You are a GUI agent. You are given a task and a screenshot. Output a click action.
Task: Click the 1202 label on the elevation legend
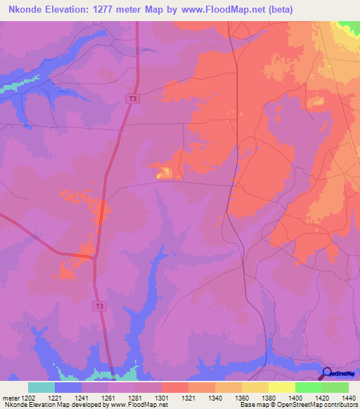click(x=27, y=397)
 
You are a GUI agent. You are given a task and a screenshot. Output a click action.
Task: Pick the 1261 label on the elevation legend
click(x=108, y=397)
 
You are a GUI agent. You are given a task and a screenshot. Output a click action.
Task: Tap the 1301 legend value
click(x=161, y=397)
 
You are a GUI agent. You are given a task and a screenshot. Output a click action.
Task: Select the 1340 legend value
click(x=214, y=397)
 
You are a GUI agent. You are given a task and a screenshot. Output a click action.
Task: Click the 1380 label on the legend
click(x=268, y=397)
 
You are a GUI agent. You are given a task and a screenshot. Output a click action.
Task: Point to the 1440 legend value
click(x=348, y=397)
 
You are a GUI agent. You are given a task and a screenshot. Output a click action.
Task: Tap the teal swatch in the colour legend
click(x=41, y=387)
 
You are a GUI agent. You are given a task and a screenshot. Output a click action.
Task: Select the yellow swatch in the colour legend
click(x=281, y=387)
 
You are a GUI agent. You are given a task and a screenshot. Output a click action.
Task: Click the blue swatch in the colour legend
click(x=68, y=387)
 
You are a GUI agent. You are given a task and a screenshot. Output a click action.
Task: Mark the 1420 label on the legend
click(x=321, y=397)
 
